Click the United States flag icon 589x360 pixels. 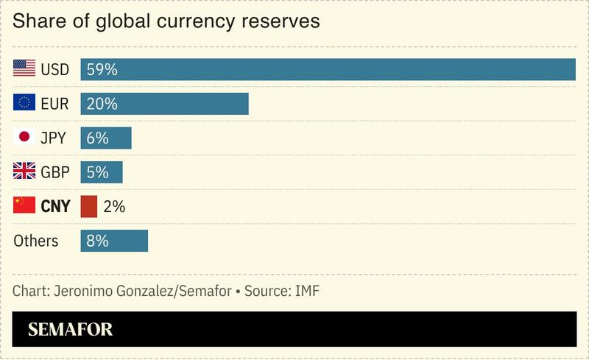pyautogui.click(x=24, y=69)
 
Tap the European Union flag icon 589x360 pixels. pyautogui.click(x=24, y=103)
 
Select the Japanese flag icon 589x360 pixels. pyautogui.click(x=24, y=138)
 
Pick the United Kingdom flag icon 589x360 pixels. pyautogui.click(x=24, y=172)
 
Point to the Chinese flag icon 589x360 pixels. pyautogui.click(x=24, y=206)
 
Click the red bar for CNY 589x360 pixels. pyautogui.click(x=89, y=206)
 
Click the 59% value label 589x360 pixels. pyautogui.click(x=102, y=70)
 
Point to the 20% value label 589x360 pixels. pyautogui.click(x=102, y=104)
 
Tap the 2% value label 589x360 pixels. pyautogui.click(x=114, y=207)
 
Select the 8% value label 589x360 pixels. pyautogui.click(x=98, y=241)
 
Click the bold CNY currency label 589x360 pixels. pyautogui.click(x=55, y=207)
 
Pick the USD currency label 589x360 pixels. pyautogui.click(x=55, y=70)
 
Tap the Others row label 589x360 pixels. pyautogui.click(x=36, y=241)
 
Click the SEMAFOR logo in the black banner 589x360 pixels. pyautogui.click(x=71, y=329)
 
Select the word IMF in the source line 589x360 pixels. pyautogui.click(x=306, y=291)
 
